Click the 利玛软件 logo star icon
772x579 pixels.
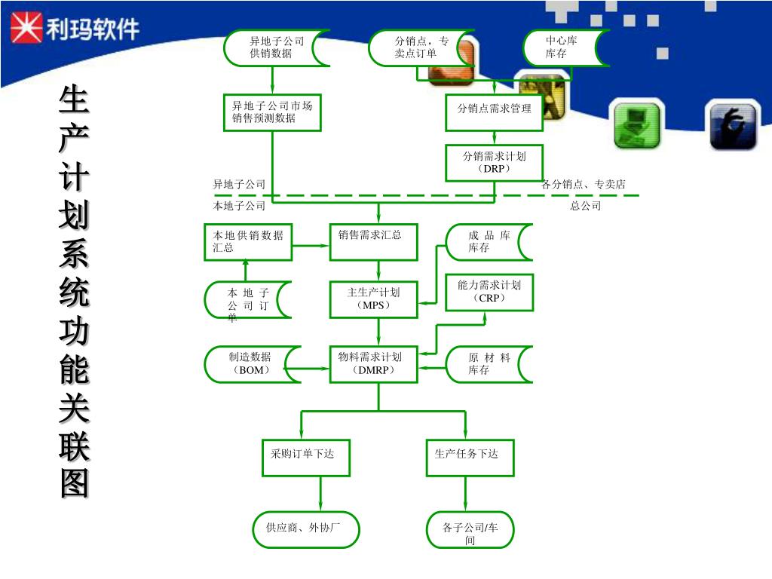(x=26, y=29)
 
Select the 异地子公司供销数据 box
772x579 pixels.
(x=276, y=47)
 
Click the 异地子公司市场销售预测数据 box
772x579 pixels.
(x=272, y=112)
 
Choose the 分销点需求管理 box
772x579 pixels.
(x=494, y=112)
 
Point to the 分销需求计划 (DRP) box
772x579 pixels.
(x=494, y=162)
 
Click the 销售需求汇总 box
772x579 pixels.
(x=374, y=242)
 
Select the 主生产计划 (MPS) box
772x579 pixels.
(x=374, y=299)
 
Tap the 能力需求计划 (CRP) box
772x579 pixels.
(x=489, y=292)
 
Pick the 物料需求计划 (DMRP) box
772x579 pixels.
(x=374, y=364)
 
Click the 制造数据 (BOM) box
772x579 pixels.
(x=252, y=364)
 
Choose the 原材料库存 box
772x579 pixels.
(x=489, y=364)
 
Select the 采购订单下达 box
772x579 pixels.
(x=305, y=458)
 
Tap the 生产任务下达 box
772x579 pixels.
(x=470, y=458)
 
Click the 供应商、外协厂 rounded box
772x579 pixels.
(x=305, y=529)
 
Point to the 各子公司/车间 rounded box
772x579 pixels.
(x=470, y=529)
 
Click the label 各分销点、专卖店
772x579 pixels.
(x=584, y=184)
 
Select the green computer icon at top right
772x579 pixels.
(x=636, y=124)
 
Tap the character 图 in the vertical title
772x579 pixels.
(x=74, y=482)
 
